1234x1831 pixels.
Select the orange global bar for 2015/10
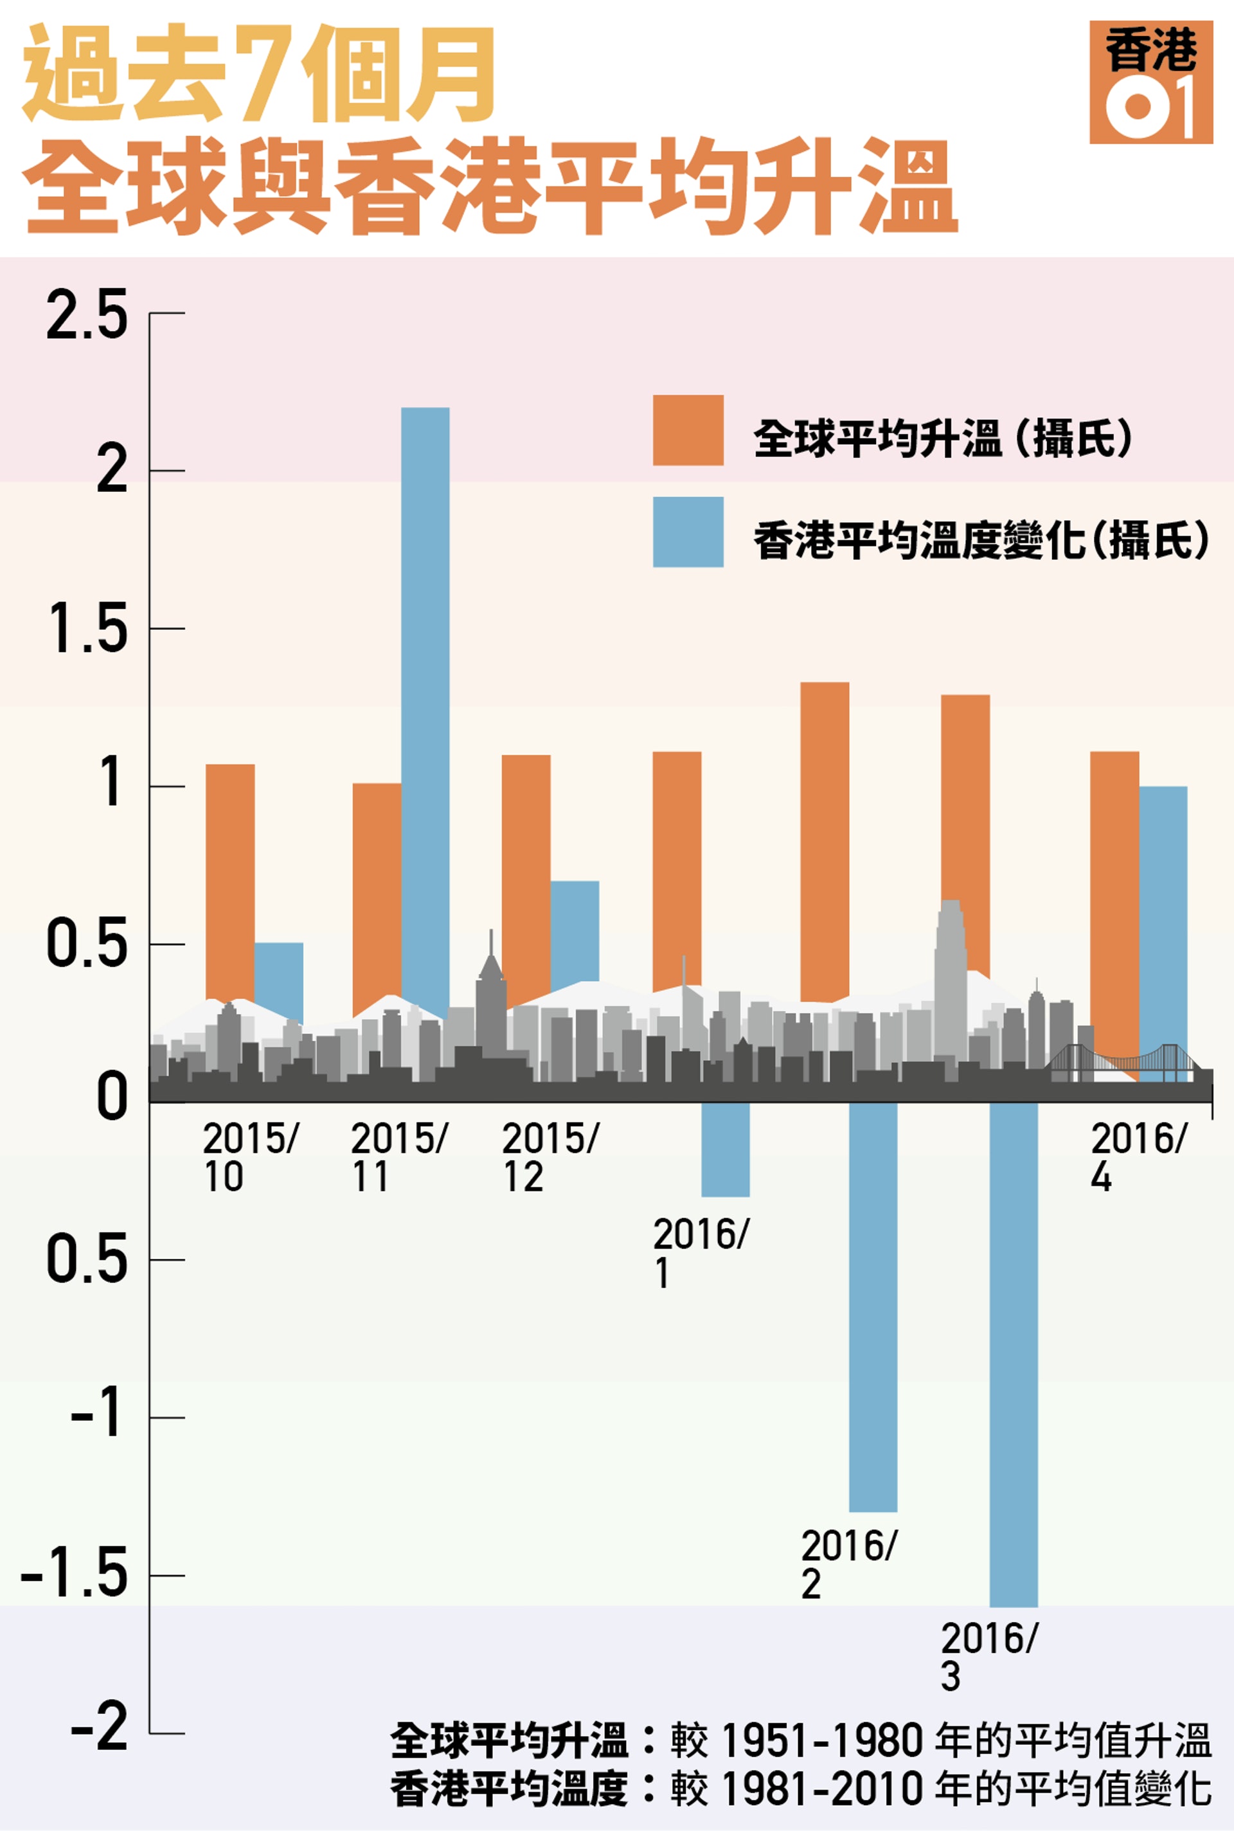(x=230, y=874)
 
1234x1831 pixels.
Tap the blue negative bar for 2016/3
(x=1013, y=1354)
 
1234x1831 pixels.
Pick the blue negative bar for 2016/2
(x=873, y=1307)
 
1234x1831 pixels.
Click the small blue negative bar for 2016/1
(x=725, y=1150)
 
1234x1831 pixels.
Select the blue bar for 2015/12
(x=575, y=933)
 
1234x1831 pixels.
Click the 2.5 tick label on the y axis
(x=87, y=316)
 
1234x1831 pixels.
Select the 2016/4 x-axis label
(x=1136, y=1157)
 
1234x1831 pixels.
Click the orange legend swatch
(x=688, y=430)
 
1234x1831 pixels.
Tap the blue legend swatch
(x=688, y=531)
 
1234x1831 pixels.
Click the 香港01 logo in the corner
(x=1150, y=83)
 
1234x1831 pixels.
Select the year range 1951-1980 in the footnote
(x=823, y=1741)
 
